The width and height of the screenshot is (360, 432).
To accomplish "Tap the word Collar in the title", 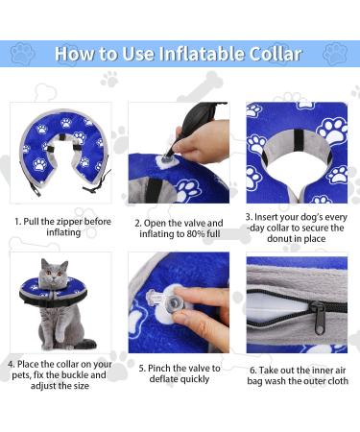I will pos(276,54).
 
